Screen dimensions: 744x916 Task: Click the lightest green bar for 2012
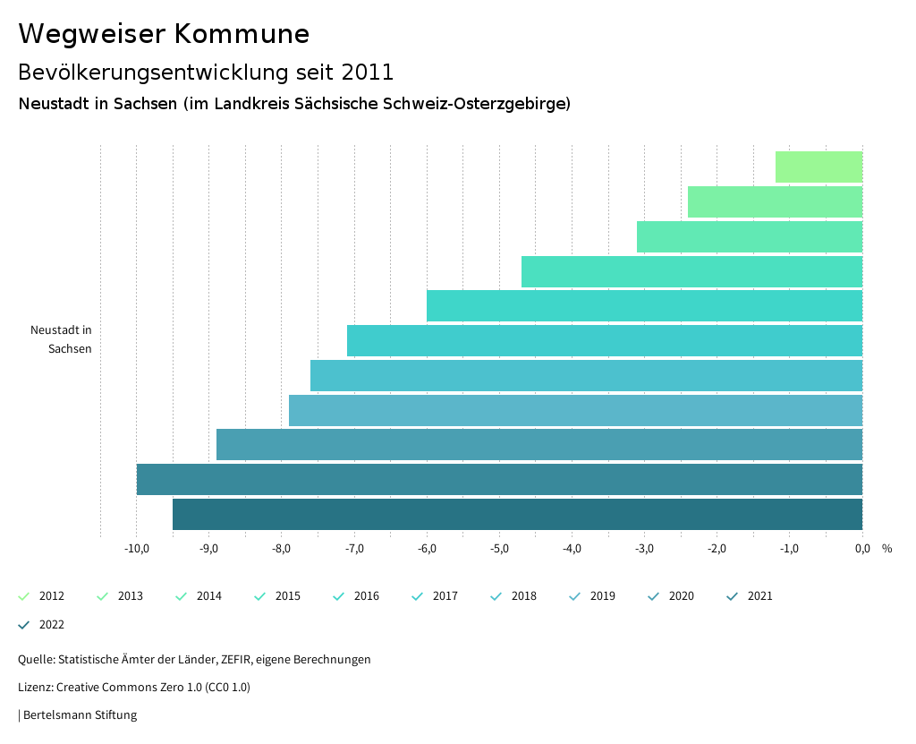tap(818, 167)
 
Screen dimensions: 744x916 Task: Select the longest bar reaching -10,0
tap(499, 479)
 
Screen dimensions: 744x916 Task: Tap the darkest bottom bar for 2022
tap(517, 514)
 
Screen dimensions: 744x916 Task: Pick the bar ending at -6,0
tap(644, 306)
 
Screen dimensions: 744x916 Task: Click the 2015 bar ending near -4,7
tap(691, 271)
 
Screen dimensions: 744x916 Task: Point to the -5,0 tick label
tap(499, 549)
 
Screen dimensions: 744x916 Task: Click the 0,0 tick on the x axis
tap(861, 549)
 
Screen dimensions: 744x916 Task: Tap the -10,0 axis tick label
tap(136, 549)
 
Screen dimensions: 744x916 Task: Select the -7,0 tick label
tap(354, 549)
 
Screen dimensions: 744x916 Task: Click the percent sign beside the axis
tap(886, 549)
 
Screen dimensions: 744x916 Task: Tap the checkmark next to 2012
tap(24, 596)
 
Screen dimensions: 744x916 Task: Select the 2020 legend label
tap(681, 596)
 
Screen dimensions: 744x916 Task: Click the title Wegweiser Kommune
tap(164, 34)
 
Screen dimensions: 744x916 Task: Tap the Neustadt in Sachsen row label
tap(61, 339)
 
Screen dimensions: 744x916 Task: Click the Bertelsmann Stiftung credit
tap(80, 715)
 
